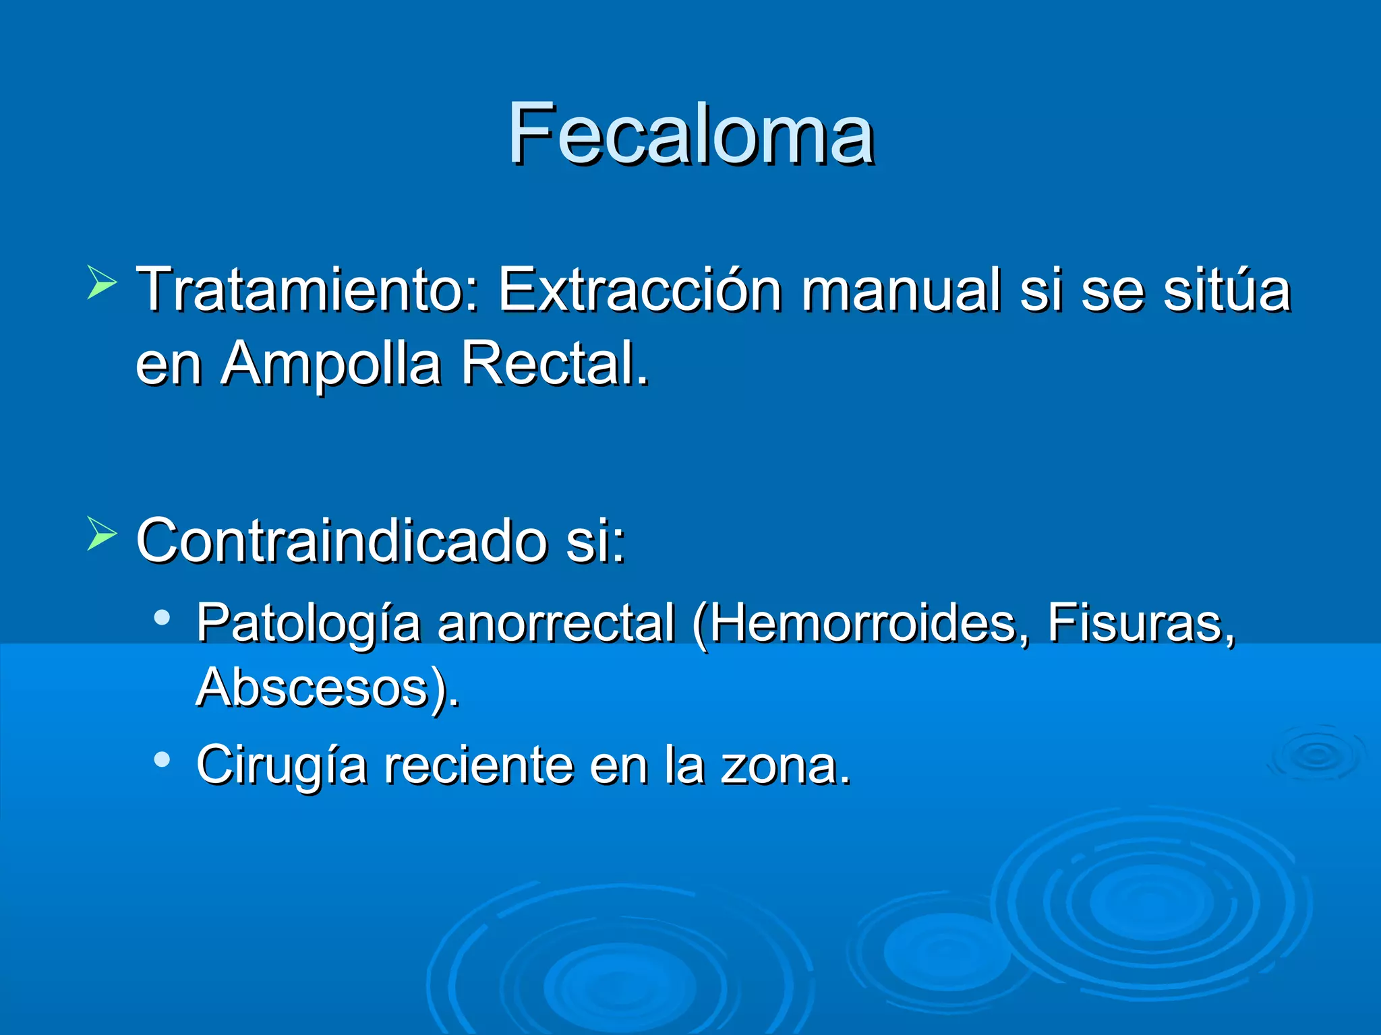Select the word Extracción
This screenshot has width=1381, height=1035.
pos(640,290)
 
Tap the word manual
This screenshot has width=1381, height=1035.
pos(901,290)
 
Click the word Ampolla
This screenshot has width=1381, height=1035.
pos(331,364)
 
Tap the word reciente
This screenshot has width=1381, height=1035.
pos(478,765)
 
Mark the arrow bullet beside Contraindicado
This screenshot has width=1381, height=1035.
pos(102,534)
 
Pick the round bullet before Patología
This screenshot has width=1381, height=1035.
pos(162,617)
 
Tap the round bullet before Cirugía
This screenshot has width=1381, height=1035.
pos(162,759)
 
